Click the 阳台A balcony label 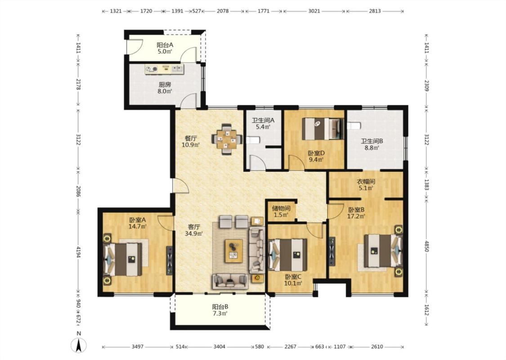pyautogui.click(x=165, y=45)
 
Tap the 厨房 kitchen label pyautogui.click(x=165, y=85)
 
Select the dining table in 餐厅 pyautogui.click(x=227, y=139)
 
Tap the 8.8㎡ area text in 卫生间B pyautogui.click(x=372, y=148)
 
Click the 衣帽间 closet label pyautogui.click(x=366, y=181)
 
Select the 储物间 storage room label pyautogui.click(x=281, y=208)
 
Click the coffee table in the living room pyautogui.click(x=234, y=251)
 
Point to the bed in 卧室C pyautogui.click(x=288, y=255)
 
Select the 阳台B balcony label pyautogui.click(x=220, y=307)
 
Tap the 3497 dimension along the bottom pyautogui.click(x=138, y=347)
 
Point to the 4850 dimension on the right pyautogui.click(x=427, y=246)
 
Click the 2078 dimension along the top pyautogui.click(x=223, y=11)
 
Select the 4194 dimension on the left pyautogui.click(x=78, y=252)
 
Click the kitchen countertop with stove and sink pyautogui.click(x=164, y=69)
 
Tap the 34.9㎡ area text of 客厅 pyautogui.click(x=193, y=233)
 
